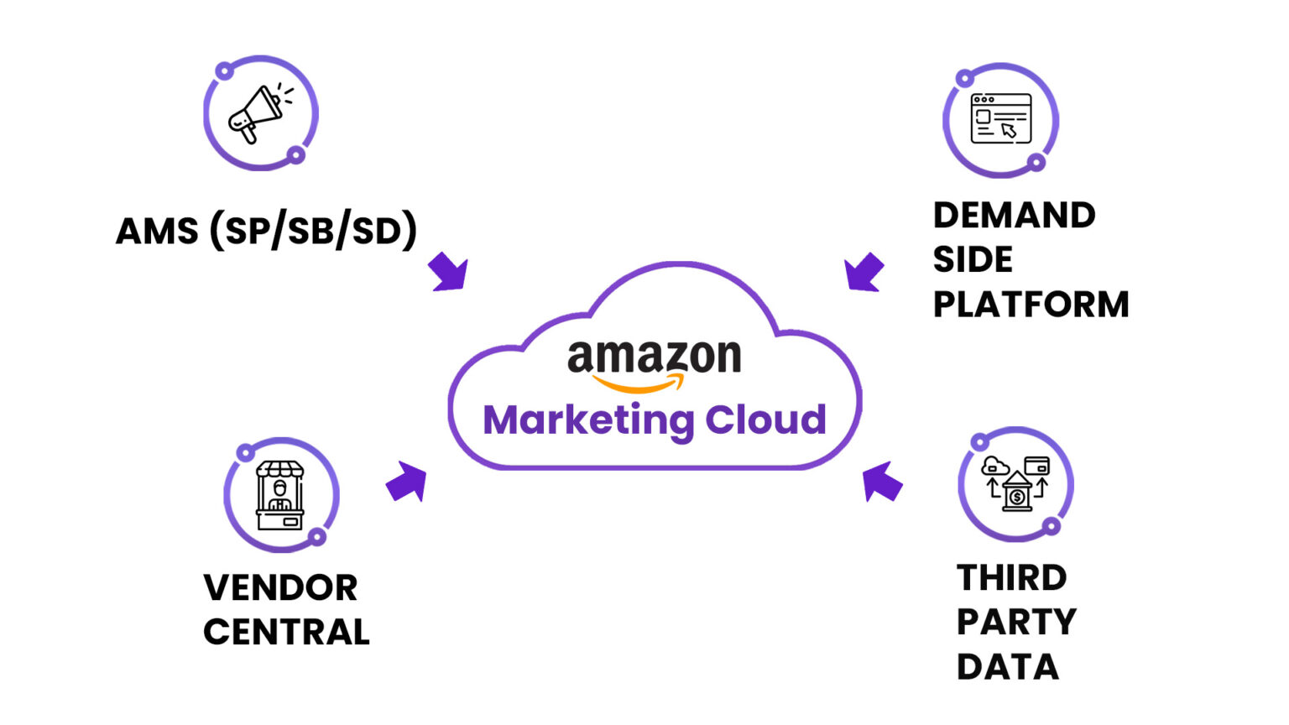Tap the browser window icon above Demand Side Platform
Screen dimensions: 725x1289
pyautogui.click(x=1000, y=119)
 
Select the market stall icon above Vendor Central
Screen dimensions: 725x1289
pyautogui.click(x=280, y=495)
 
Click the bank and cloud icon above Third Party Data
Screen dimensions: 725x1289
pyautogui.click(x=1016, y=484)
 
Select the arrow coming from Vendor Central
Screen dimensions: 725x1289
pyautogui.click(x=407, y=482)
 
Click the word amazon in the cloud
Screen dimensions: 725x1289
pyautogui.click(x=654, y=357)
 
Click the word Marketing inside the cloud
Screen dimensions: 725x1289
pyautogui.click(x=587, y=420)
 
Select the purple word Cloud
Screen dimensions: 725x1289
pyautogui.click(x=765, y=419)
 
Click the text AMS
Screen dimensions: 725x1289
pyautogui.click(x=157, y=231)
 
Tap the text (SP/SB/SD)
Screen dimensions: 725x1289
pyautogui.click(x=313, y=231)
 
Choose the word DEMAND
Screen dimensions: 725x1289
pyautogui.click(x=1014, y=216)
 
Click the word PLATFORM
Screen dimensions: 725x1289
pyautogui.click(x=1031, y=305)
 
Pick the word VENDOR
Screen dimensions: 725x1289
pyautogui.click(x=280, y=587)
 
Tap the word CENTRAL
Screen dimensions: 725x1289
pyautogui.click(x=286, y=632)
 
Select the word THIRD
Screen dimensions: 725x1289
pyautogui.click(x=1011, y=578)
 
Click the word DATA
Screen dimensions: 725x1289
pyautogui.click(x=1007, y=667)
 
